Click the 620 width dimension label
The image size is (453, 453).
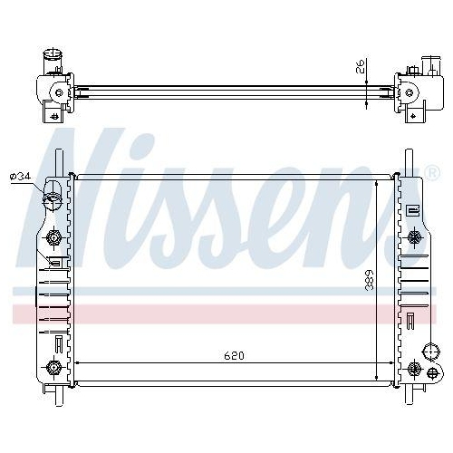233,354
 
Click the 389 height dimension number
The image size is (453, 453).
368,281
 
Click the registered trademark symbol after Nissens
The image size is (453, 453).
431,170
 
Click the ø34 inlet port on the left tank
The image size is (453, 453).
53,195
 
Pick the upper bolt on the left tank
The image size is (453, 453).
55,237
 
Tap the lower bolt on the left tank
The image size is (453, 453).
55,367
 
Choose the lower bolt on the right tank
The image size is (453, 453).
415,368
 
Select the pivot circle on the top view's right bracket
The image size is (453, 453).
409,91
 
